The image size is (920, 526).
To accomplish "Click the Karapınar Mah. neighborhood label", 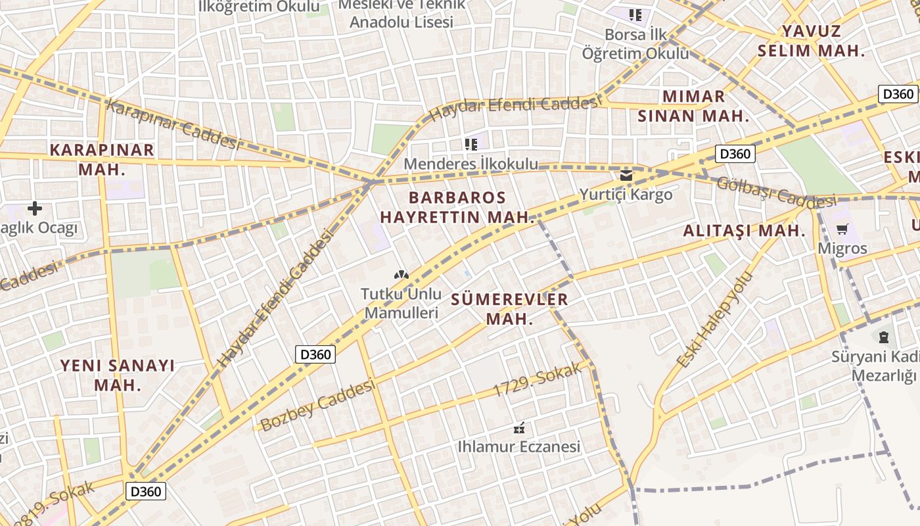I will pos(102,159).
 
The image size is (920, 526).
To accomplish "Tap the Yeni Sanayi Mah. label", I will pos(118,375).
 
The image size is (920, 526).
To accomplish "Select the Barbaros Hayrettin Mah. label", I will pos(457,207).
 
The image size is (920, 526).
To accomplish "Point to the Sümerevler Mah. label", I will pos(509,309).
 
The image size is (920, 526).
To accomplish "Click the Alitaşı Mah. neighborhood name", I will pos(744,231).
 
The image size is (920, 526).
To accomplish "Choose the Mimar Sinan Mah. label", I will pos(693,107).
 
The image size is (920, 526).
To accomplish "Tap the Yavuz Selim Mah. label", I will pos(811,41).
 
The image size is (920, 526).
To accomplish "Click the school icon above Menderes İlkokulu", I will pos(471,144).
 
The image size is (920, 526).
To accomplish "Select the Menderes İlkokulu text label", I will pos(471,164).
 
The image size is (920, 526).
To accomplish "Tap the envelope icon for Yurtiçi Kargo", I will pos(626,175).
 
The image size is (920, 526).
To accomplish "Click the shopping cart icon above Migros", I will pos(842,229).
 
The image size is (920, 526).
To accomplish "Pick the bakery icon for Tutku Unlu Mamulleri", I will pos(401,274).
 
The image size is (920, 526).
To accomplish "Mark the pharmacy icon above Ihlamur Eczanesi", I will pos(519,428).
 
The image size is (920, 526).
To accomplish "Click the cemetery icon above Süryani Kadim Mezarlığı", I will pos(883,337).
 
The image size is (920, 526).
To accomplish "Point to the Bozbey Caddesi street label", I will pos(317,405).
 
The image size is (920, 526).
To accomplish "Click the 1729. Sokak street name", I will pos(538,380).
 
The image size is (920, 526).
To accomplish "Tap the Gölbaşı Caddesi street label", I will pos(775,191).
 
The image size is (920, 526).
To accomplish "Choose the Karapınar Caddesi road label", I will pos(172,124).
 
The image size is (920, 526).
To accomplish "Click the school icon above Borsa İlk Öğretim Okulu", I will pos(635,14).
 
